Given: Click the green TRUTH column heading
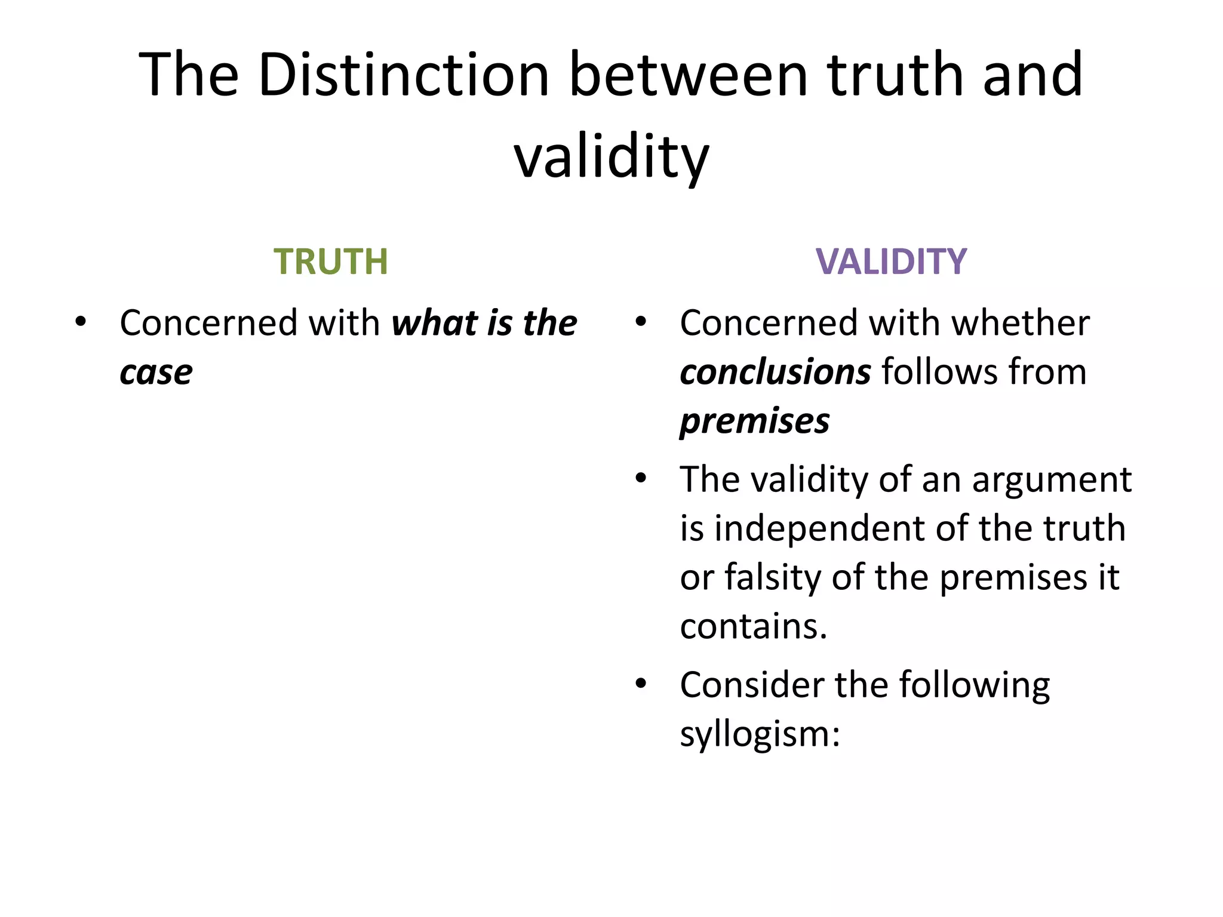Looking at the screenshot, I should [330, 261].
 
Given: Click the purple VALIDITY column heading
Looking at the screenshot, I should [891, 261].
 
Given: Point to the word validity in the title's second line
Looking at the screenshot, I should [611, 156].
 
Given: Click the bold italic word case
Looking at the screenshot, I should [156, 373].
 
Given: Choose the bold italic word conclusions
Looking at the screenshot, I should [775, 373].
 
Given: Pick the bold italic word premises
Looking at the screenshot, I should [755, 421].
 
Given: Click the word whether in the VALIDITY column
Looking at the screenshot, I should [1021, 323].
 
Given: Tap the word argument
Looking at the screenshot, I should [1052, 479].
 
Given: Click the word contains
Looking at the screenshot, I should [754, 626].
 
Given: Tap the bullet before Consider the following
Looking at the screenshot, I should [641, 684].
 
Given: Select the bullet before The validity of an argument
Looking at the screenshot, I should [641, 478].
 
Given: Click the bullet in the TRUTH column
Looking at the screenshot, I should [81, 322].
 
